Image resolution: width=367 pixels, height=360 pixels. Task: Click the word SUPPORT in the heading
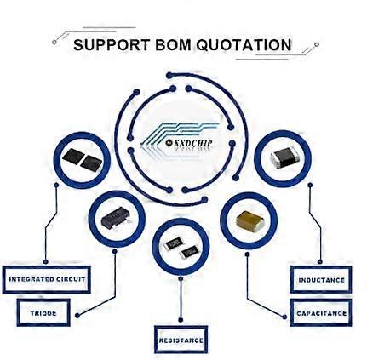tap(112, 45)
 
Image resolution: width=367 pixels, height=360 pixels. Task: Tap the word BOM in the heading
tap(173, 45)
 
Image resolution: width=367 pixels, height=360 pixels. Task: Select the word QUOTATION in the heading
tap(244, 45)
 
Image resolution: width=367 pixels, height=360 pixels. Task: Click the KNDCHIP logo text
tap(189, 143)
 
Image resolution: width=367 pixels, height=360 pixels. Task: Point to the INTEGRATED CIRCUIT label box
tap(47, 279)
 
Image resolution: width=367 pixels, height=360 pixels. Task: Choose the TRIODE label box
tap(43, 313)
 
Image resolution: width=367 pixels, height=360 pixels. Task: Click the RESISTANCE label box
tap(181, 340)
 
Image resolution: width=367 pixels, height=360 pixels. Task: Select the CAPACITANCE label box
tap(321, 313)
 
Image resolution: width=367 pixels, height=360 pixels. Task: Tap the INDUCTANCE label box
tap(321, 280)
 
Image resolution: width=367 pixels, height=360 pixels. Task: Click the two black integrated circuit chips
tap(82, 159)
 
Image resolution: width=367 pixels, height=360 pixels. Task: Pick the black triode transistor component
tap(117, 218)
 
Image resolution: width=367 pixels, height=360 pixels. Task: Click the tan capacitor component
tap(249, 220)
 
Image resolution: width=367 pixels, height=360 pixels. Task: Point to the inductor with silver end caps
tap(284, 157)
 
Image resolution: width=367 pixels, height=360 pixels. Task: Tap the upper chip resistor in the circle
tap(174, 243)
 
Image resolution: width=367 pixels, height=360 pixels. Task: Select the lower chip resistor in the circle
tap(190, 252)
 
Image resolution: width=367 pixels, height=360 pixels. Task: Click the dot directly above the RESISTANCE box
tap(181, 320)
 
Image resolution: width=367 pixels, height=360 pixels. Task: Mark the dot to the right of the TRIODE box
tap(77, 315)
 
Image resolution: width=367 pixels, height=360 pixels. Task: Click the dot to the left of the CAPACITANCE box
tap(284, 317)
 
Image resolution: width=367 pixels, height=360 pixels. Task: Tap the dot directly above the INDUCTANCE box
tap(320, 261)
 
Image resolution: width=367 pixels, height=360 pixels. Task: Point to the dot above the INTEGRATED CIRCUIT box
tap(46, 261)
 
